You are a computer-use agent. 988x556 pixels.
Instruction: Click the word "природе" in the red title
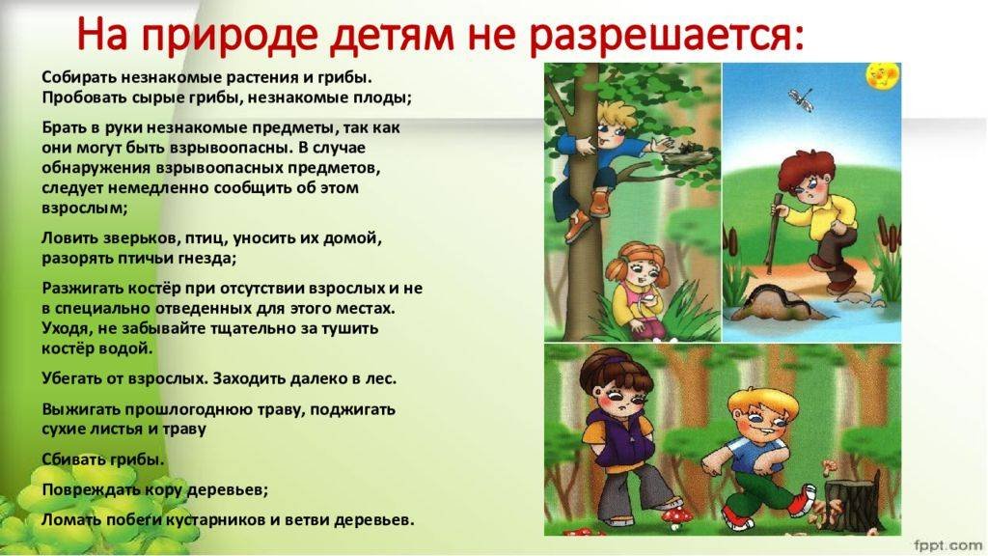pyautogui.click(x=230, y=36)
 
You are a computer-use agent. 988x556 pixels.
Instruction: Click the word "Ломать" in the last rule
pyautogui.click(x=65, y=520)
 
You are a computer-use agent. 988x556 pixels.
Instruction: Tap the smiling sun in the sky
pyautogui.click(x=884, y=75)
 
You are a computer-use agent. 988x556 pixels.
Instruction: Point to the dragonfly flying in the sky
pyautogui.click(x=800, y=99)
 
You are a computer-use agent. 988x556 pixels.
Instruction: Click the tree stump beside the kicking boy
pyautogui.click(x=851, y=502)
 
